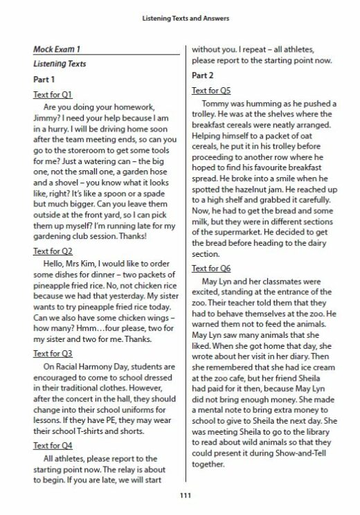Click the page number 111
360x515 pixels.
179,494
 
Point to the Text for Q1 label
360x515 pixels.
53,94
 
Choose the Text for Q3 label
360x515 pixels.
53,354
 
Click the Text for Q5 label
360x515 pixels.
211,89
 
